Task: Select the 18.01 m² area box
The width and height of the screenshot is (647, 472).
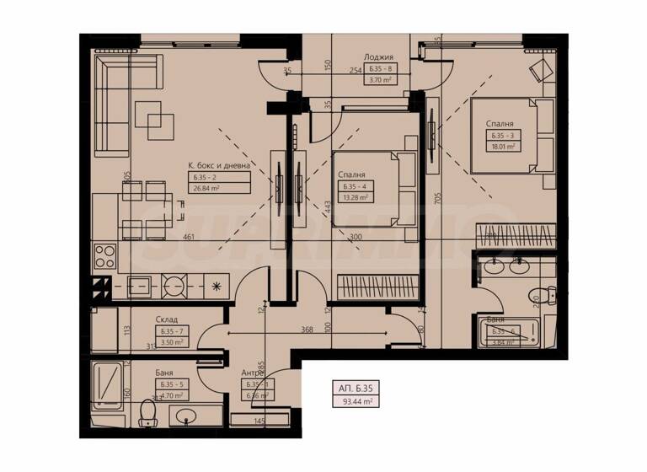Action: [500, 146]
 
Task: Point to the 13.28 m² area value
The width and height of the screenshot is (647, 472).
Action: [354, 198]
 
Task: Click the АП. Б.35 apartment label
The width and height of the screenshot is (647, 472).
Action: [356, 389]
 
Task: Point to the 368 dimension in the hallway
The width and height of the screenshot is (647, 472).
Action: [311, 330]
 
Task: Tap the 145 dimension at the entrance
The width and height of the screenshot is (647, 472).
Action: [260, 421]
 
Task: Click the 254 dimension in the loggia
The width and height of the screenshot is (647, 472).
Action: [356, 71]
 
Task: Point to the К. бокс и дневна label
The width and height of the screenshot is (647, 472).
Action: [219, 165]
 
